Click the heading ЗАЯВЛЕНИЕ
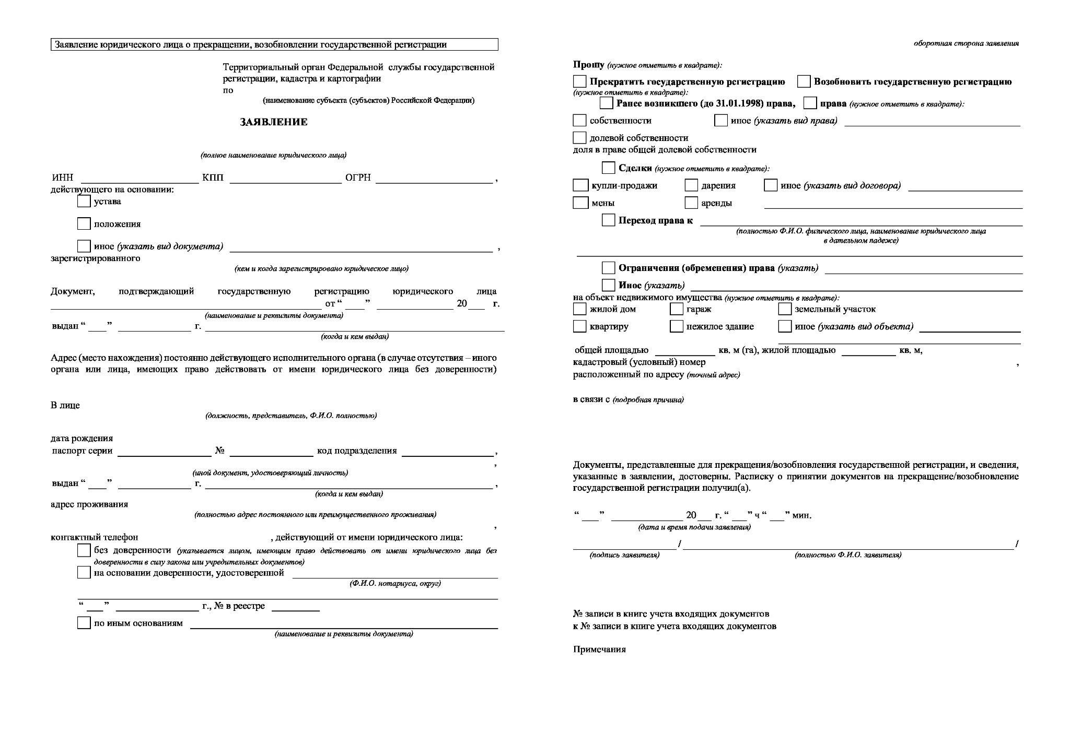[274, 122]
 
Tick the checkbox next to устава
[84, 201]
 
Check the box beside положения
[84, 223]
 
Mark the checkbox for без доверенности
[84, 550]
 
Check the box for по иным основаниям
[84, 623]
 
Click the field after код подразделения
[447, 452]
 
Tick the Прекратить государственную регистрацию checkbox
[579, 81]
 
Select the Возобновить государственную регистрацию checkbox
[804, 81]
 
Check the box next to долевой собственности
[579, 138]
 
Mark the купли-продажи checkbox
[580, 185]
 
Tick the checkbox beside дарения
[691, 185]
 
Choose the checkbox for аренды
[691, 203]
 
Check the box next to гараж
[677, 309]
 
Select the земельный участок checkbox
[785, 309]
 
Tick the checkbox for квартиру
[579, 326]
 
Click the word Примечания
[599, 649]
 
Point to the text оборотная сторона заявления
[966, 43]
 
